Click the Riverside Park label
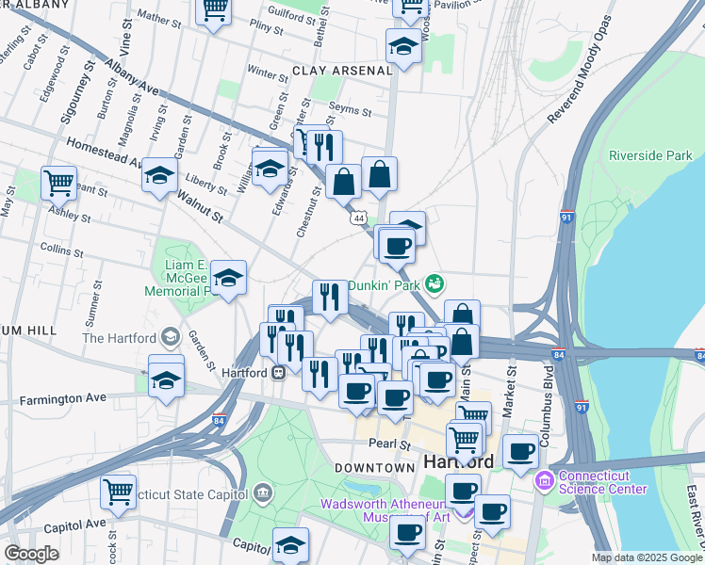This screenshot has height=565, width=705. pos(651,155)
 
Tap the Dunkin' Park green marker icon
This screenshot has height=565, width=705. pos(434,282)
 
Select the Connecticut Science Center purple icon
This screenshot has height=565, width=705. pos(545,482)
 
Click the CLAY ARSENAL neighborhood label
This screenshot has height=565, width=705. pos(342,71)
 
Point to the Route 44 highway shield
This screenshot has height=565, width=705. pos(358,218)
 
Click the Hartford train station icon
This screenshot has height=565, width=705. pos(279,372)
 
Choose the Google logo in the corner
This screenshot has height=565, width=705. pos(31,554)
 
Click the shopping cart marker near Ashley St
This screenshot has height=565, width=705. pos(59,181)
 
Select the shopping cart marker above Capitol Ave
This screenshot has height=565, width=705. pos(118,491)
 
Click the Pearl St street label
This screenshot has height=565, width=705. pos(391,444)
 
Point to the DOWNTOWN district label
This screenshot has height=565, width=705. pos(375,468)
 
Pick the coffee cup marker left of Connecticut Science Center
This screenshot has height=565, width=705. pos(520,451)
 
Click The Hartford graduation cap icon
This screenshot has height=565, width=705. pos(171,337)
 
